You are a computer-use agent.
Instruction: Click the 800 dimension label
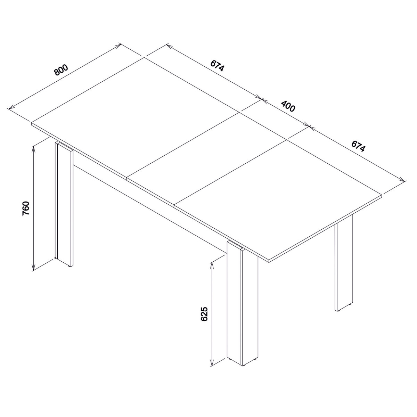click(x=61, y=70)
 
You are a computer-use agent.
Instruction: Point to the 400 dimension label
click(x=288, y=106)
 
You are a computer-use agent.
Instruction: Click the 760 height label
click(x=26, y=208)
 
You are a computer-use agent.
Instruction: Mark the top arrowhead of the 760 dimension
click(x=33, y=149)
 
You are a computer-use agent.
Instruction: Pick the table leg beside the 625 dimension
click(x=242, y=303)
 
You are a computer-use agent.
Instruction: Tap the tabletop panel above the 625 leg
click(x=279, y=200)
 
